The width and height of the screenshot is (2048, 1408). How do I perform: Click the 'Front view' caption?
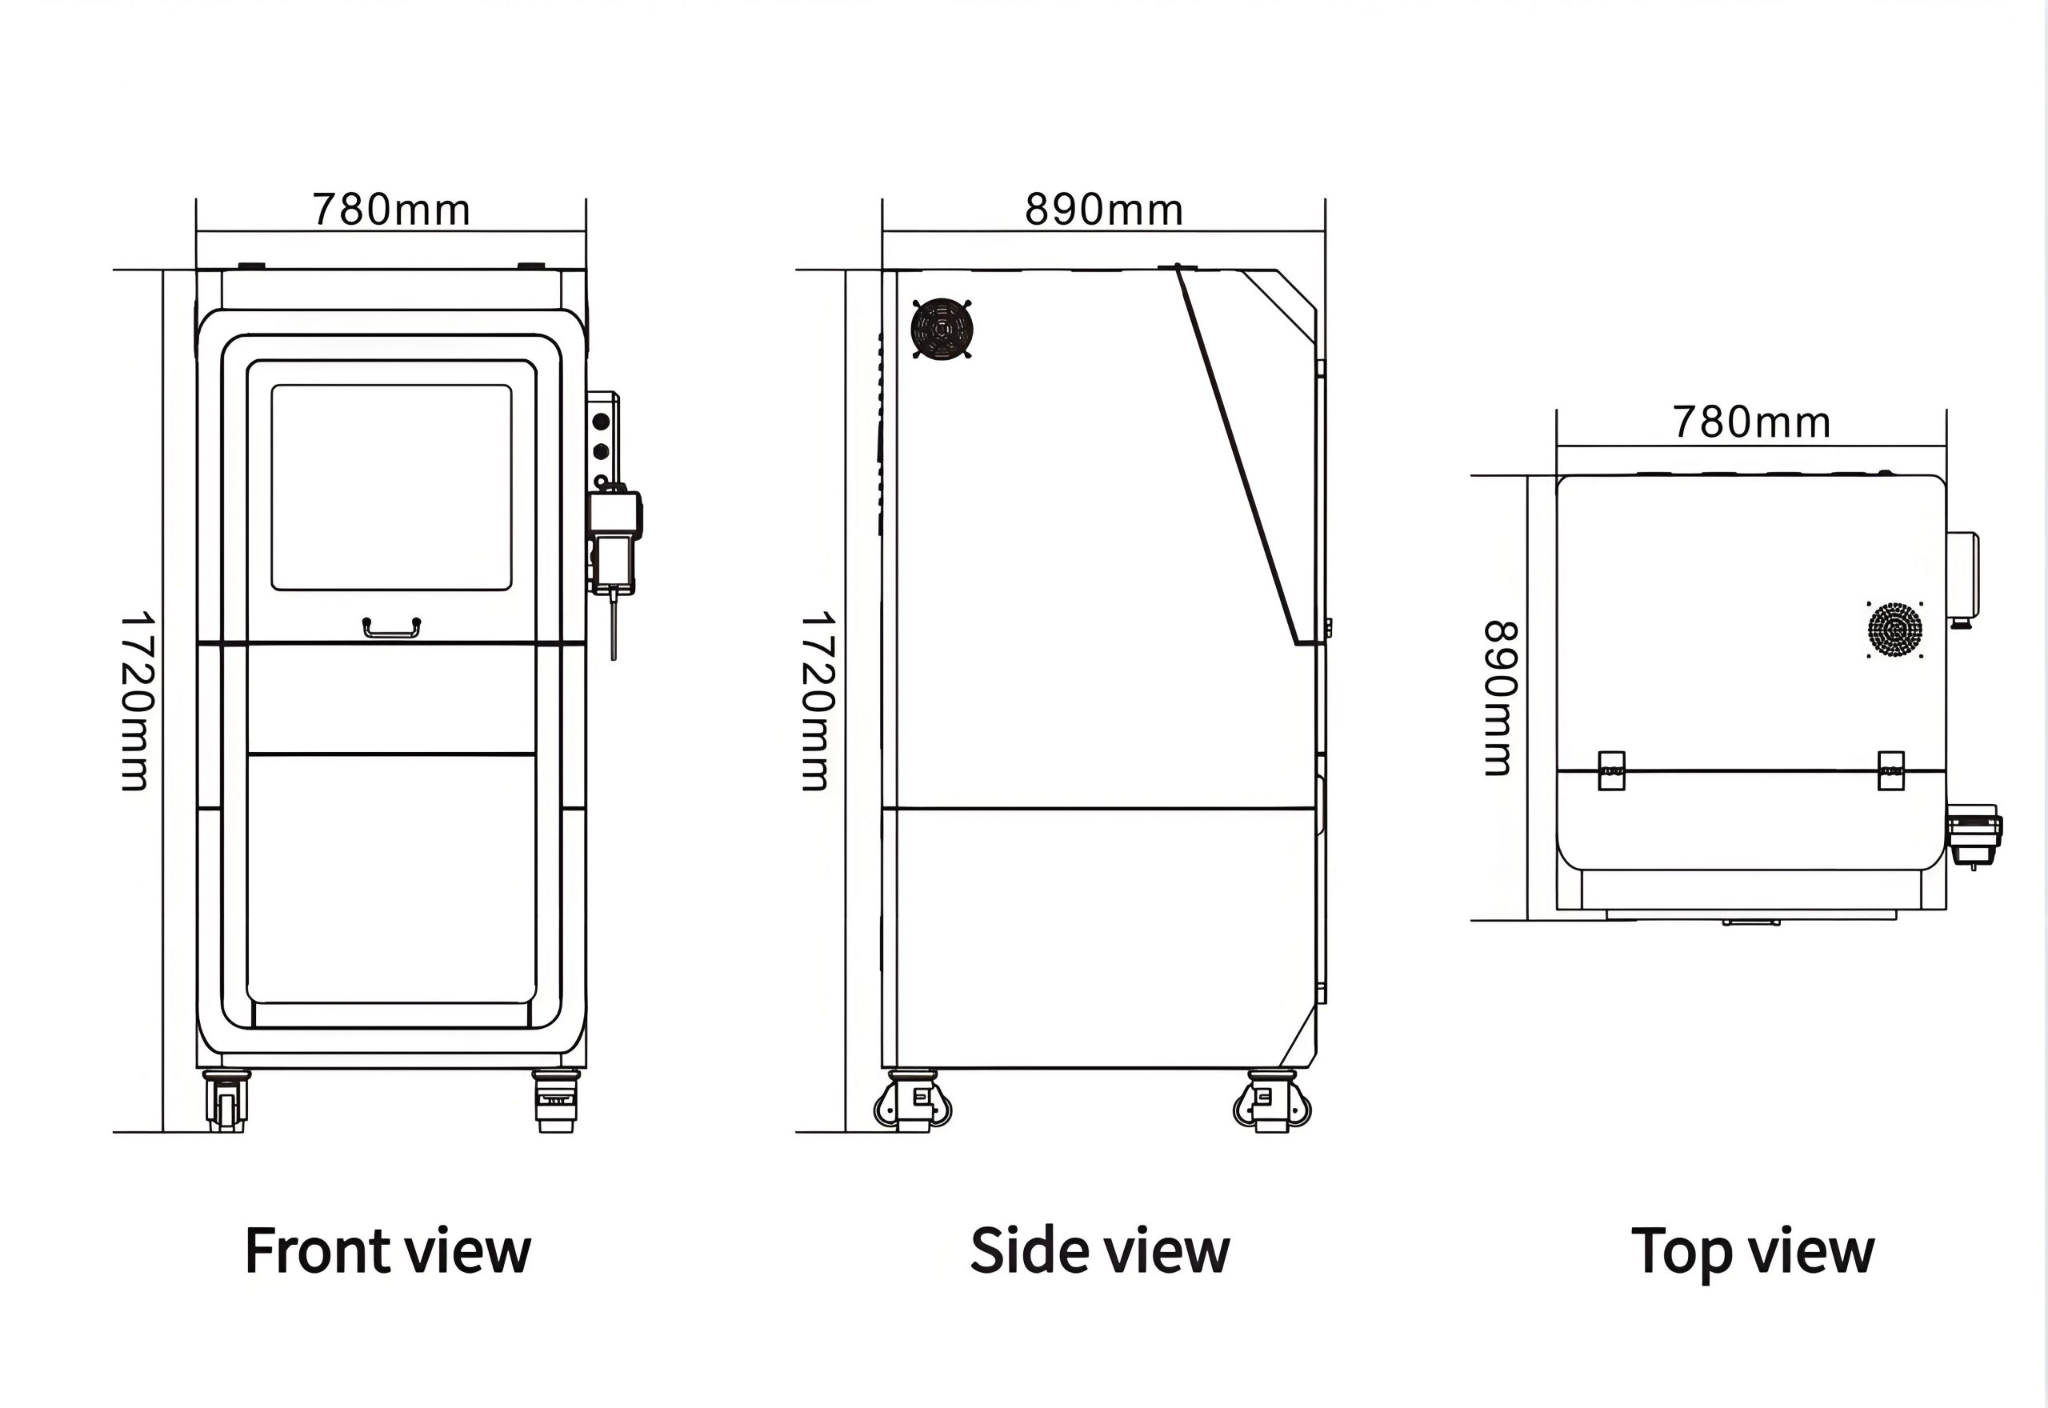click(x=387, y=1251)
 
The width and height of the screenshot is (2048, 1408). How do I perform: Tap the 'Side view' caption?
click(x=1099, y=1251)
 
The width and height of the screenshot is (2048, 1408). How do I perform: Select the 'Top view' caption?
click(x=1753, y=1251)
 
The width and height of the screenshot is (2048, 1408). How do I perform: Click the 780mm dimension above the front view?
click(x=390, y=210)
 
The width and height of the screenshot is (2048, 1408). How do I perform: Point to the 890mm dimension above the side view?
click(x=1103, y=210)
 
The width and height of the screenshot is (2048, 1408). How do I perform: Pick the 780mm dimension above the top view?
click(x=1752, y=422)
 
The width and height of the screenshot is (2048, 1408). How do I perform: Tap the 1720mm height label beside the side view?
click(x=818, y=701)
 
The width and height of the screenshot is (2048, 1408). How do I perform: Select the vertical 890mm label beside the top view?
click(x=1499, y=698)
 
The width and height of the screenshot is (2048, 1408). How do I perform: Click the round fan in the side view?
click(x=942, y=329)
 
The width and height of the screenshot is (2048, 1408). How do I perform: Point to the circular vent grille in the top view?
click(x=1894, y=630)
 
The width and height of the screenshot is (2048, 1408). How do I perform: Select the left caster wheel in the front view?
click(x=226, y=1101)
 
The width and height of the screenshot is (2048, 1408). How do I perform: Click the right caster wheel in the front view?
click(x=556, y=1101)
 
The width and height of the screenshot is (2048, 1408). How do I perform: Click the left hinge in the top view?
click(x=1611, y=771)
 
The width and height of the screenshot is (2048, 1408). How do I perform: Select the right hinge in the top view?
click(x=1890, y=771)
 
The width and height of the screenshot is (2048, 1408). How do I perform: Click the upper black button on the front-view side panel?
click(x=602, y=422)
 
